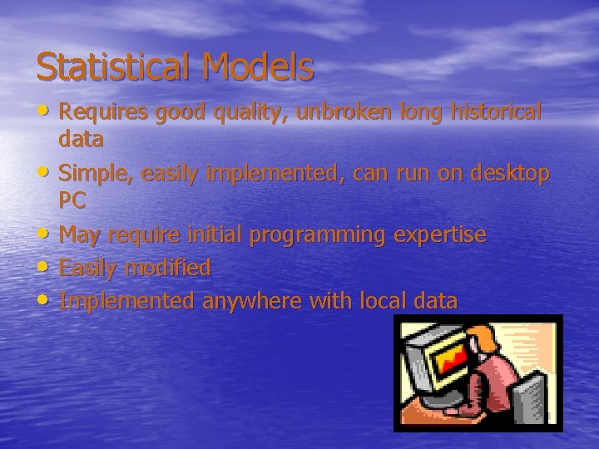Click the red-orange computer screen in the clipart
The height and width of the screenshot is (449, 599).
point(448,357)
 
